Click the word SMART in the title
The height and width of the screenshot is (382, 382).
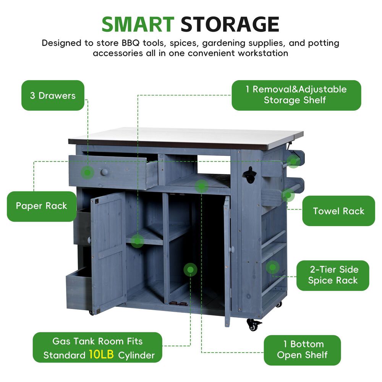tap(138, 24)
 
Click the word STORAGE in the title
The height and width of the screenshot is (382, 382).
tap(230, 24)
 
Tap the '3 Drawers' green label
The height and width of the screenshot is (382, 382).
tap(53, 95)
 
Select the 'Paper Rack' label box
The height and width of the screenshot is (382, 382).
tap(41, 206)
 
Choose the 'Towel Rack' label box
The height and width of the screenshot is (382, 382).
tap(338, 211)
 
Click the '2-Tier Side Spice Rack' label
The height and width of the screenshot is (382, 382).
tap(333, 275)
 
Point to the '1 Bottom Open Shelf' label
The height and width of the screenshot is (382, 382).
tap(302, 350)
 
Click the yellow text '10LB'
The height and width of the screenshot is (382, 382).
tap(101, 354)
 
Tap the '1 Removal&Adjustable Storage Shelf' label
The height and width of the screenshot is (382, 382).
tap(296, 95)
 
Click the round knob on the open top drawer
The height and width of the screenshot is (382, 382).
tap(104, 172)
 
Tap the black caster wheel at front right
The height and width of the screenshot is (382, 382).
tap(253, 325)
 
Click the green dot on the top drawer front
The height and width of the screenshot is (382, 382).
tap(87, 173)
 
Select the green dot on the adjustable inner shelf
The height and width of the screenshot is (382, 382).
tap(137, 241)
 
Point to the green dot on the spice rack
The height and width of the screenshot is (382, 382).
tap(273, 267)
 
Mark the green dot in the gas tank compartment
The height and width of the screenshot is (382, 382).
tap(190, 270)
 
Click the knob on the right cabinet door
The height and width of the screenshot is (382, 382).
tap(232, 249)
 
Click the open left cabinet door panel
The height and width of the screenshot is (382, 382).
tap(108, 252)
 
